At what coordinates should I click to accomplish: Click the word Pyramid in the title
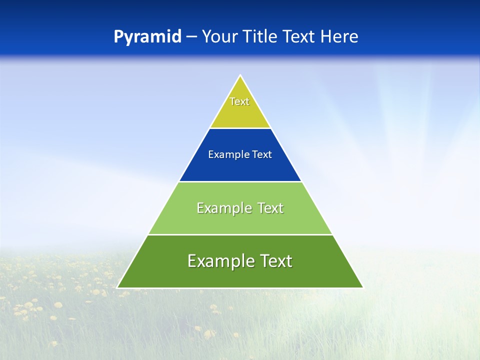tap(147, 37)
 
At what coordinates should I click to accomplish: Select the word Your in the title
tap(220, 37)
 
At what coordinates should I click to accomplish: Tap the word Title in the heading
tap(259, 37)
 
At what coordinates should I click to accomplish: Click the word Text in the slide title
tap(299, 37)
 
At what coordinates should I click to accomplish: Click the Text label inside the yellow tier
tap(239, 101)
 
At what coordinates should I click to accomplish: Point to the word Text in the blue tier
tap(262, 154)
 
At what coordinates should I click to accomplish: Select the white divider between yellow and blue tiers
tap(240, 128)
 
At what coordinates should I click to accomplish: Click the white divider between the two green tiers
tap(240, 234)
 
